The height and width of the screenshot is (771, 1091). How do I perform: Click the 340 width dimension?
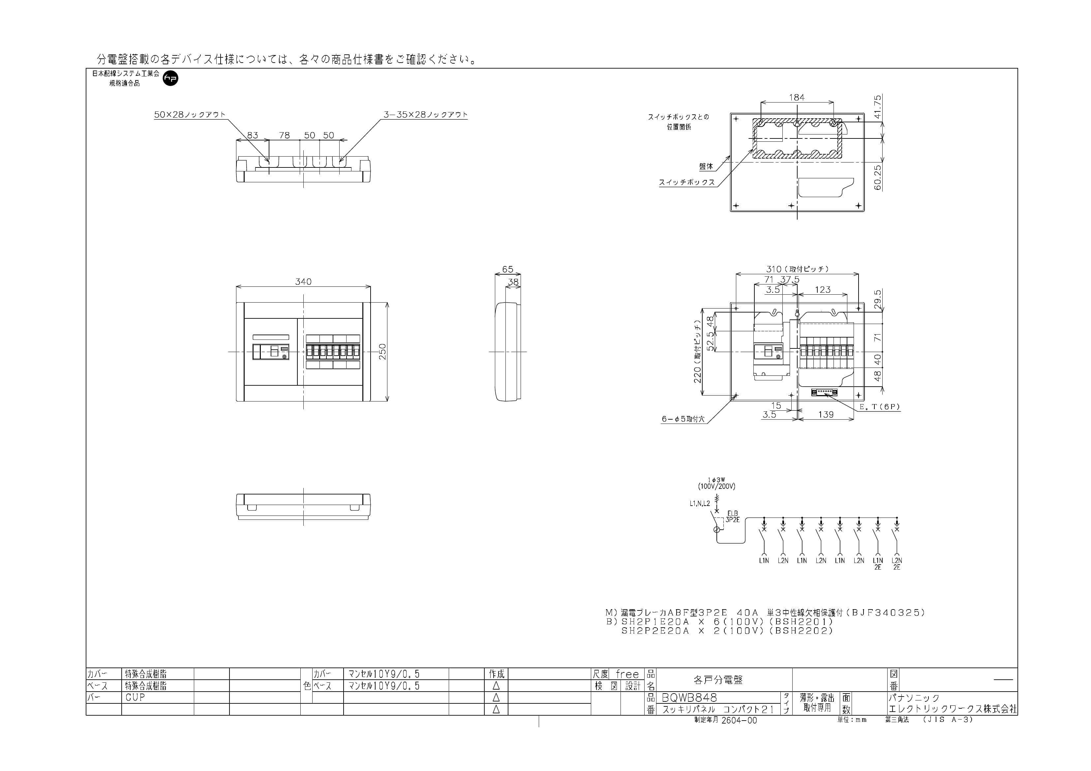click(x=303, y=282)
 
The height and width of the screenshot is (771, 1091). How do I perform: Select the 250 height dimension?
click(x=382, y=351)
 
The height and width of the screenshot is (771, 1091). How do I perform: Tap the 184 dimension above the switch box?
click(x=797, y=97)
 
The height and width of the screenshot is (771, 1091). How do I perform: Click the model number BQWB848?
click(x=689, y=697)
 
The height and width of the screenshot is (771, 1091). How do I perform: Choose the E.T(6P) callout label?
click(x=880, y=407)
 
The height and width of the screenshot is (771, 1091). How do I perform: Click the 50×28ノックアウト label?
click(x=190, y=114)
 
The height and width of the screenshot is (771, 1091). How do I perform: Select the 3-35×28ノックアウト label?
click(x=426, y=114)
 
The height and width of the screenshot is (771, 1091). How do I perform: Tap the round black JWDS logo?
click(x=170, y=78)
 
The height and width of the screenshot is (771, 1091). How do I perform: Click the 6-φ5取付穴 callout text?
click(x=683, y=420)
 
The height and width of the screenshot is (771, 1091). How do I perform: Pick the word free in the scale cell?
click(x=627, y=674)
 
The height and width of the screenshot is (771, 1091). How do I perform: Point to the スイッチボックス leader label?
click(x=687, y=182)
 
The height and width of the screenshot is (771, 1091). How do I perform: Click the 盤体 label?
click(x=706, y=166)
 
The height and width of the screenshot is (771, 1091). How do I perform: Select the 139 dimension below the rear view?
click(x=826, y=415)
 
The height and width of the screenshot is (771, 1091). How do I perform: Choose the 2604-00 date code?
click(x=739, y=720)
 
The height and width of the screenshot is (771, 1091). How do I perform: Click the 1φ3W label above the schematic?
click(x=716, y=480)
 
